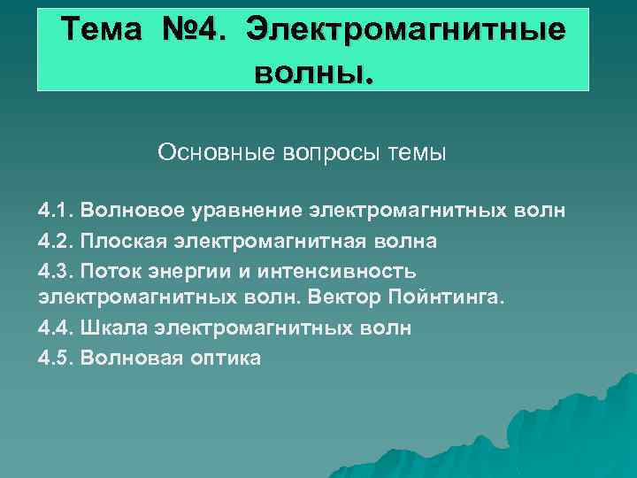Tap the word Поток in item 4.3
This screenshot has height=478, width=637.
(110, 271)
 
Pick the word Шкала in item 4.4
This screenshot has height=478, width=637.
(112, 328)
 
